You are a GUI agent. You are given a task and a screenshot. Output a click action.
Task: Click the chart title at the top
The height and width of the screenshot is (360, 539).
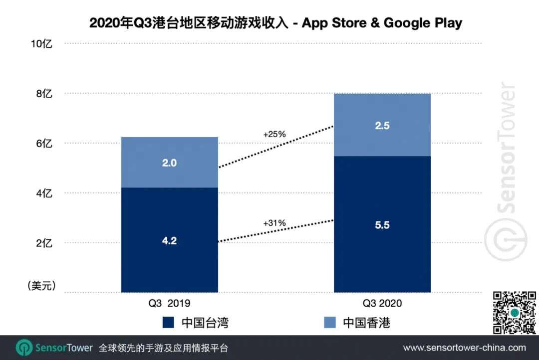click(275, 23)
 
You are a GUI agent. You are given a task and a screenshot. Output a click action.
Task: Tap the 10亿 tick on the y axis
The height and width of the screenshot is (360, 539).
click(41, 44)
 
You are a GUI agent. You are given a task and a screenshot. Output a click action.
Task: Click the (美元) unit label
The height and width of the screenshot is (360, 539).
click(40, 286)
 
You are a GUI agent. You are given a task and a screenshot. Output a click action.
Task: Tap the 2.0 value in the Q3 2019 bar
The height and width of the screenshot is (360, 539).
click(170, 163)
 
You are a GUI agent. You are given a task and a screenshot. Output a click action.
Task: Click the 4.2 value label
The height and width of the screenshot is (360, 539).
click(170, 240)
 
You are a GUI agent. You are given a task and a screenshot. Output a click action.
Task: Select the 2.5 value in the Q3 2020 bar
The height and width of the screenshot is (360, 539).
click(382, 126)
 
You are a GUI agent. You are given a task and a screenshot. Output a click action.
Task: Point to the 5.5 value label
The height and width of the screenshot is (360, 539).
click(382, 225)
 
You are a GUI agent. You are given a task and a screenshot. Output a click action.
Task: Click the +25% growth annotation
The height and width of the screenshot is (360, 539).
click(274, 134)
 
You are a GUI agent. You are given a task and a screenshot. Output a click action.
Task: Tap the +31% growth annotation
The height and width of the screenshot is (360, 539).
click(274, 223)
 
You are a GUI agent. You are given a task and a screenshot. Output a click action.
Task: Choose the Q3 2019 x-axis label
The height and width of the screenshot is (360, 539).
click(170, 303)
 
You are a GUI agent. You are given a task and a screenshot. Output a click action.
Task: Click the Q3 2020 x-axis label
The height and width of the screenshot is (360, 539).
click(382, 303)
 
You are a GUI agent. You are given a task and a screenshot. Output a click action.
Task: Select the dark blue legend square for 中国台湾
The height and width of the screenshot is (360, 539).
click(168, 323)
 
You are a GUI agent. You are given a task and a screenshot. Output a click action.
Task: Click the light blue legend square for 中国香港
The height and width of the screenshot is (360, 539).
click(329, 323)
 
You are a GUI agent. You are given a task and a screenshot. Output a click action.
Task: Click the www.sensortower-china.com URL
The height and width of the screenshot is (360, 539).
click(464, 348)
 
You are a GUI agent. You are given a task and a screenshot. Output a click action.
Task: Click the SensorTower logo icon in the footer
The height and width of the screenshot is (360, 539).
click(24, 348)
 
